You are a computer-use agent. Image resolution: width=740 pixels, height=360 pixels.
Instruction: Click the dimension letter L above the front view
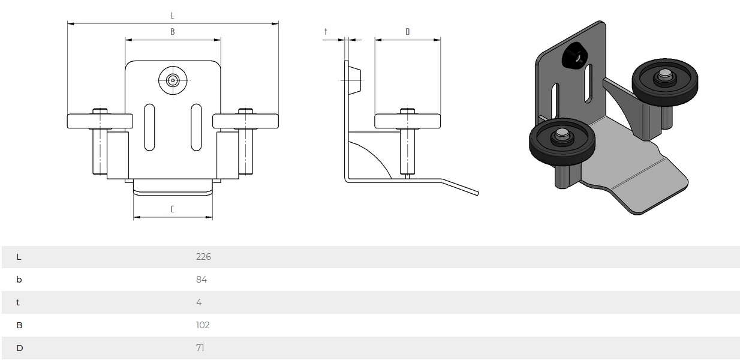173,15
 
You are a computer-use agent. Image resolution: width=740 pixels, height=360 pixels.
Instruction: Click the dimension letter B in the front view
173,32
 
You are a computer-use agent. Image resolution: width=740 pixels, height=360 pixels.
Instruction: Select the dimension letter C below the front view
173,209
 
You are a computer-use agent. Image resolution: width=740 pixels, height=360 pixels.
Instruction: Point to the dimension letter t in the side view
326,32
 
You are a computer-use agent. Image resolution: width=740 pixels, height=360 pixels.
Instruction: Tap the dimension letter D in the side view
408,32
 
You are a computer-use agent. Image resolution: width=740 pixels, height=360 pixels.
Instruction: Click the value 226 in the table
203,257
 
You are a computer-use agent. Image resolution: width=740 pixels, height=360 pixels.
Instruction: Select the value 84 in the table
201,280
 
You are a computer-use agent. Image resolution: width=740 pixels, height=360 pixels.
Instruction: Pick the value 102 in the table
203,325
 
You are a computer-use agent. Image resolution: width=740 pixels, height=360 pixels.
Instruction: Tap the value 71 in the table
200,348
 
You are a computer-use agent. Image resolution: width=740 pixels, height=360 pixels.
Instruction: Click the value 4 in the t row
199,302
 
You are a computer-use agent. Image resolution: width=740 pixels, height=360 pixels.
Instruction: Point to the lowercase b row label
19,280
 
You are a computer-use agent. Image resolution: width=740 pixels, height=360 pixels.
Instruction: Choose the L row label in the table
19,257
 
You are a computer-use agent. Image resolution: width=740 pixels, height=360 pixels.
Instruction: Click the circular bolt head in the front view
173,79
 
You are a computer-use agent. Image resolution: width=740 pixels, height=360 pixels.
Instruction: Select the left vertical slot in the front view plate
149,127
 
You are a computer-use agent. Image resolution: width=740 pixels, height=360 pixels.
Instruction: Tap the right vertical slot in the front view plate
196,127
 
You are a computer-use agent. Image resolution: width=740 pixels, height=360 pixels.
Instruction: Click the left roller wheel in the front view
100,121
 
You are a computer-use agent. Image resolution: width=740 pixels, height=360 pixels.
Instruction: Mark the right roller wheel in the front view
246,121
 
